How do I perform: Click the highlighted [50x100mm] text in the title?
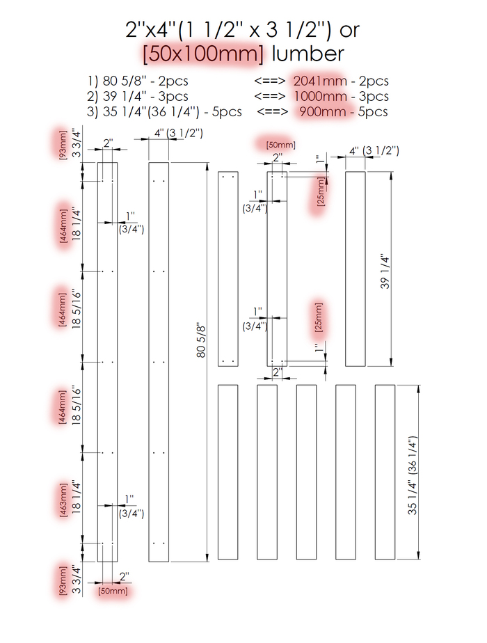tap(203, 54)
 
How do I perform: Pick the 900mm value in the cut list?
tap(323, 111)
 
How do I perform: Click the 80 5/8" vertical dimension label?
tap(201, 341)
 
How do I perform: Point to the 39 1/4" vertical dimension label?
tap(385, 272)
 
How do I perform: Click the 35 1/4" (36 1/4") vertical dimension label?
tap(412, 475)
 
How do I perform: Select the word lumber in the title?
tap(308, 54)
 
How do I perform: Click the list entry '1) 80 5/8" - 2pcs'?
tap(138, 81)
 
